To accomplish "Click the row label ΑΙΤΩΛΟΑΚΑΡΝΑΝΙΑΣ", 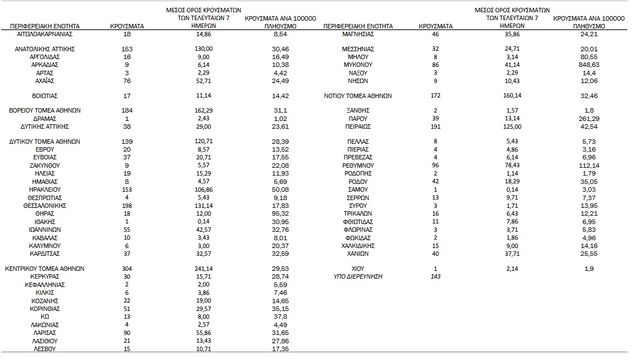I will (x=45, y=34).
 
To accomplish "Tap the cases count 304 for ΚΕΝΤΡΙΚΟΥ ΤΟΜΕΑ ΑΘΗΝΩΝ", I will (x=127, y=269).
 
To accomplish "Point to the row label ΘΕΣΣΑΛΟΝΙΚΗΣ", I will (x=45, y=206).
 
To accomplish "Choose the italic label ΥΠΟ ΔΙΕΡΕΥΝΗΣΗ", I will (x=357, y=277).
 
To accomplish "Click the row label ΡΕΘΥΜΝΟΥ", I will (x=357, y=166).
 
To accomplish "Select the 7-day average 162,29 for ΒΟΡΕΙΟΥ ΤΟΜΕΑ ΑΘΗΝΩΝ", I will (x=205, y=110).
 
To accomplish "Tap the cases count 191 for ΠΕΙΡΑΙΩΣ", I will (x=435, y=127).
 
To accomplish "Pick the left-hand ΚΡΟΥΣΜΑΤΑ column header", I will (x=127, y=26).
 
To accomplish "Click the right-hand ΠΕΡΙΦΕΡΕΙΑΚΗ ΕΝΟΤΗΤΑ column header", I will (x=357, y=26).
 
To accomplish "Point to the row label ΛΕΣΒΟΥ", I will (x=45, y=348).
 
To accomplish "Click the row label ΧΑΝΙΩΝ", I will (x=357, y=254).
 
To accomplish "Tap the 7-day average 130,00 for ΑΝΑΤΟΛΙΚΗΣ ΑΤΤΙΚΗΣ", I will (x=205, y=49).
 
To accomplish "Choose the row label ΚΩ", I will (x=45, y=317).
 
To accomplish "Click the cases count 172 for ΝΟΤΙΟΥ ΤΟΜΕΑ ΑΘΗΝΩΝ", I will (x=435, y=96).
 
